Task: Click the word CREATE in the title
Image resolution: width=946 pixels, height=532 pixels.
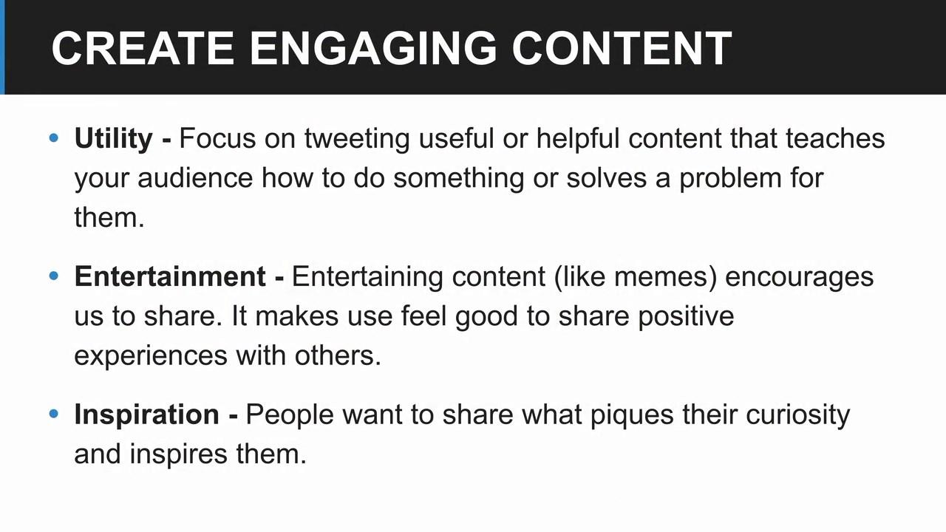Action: pyautogui.click(x=143, y=49)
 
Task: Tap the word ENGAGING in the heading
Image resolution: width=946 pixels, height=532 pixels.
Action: pyautogui.click(x=373, y=49)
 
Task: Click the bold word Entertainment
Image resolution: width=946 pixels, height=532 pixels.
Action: pyautogui.click(x=170, y=277)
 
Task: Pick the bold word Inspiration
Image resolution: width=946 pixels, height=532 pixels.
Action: pyautogui.click(x=146, y=416)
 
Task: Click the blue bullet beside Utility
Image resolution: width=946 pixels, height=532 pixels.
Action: pyautogui.click(x=54, y=137)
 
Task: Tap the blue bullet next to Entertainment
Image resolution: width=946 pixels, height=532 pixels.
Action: pyautogui.click(x=54, y=276)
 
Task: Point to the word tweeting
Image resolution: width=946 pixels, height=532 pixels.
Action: pyautogui.click(x=357, y=140)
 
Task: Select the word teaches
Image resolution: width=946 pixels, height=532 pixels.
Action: pyautogui.click(x=835, y=139)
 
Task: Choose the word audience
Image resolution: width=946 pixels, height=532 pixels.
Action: pyautogui.click(x=195, y=178)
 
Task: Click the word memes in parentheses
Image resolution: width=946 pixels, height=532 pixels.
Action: pyautogui.click(x=661, y=278)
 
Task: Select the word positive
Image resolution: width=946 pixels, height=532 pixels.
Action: pyautogui.click(x=686, y=318)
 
